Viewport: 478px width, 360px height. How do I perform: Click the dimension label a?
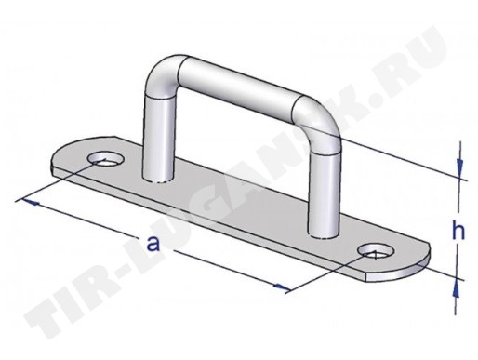pos(153,244)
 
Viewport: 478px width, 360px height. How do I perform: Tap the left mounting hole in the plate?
pos(106,159)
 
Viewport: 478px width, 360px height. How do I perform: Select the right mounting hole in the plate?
pos(376,252)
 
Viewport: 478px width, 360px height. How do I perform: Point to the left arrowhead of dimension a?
pos(30,202)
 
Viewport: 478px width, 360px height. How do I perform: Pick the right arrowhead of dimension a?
pos(283,287)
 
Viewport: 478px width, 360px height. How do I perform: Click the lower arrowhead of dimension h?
pos(456,289)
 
